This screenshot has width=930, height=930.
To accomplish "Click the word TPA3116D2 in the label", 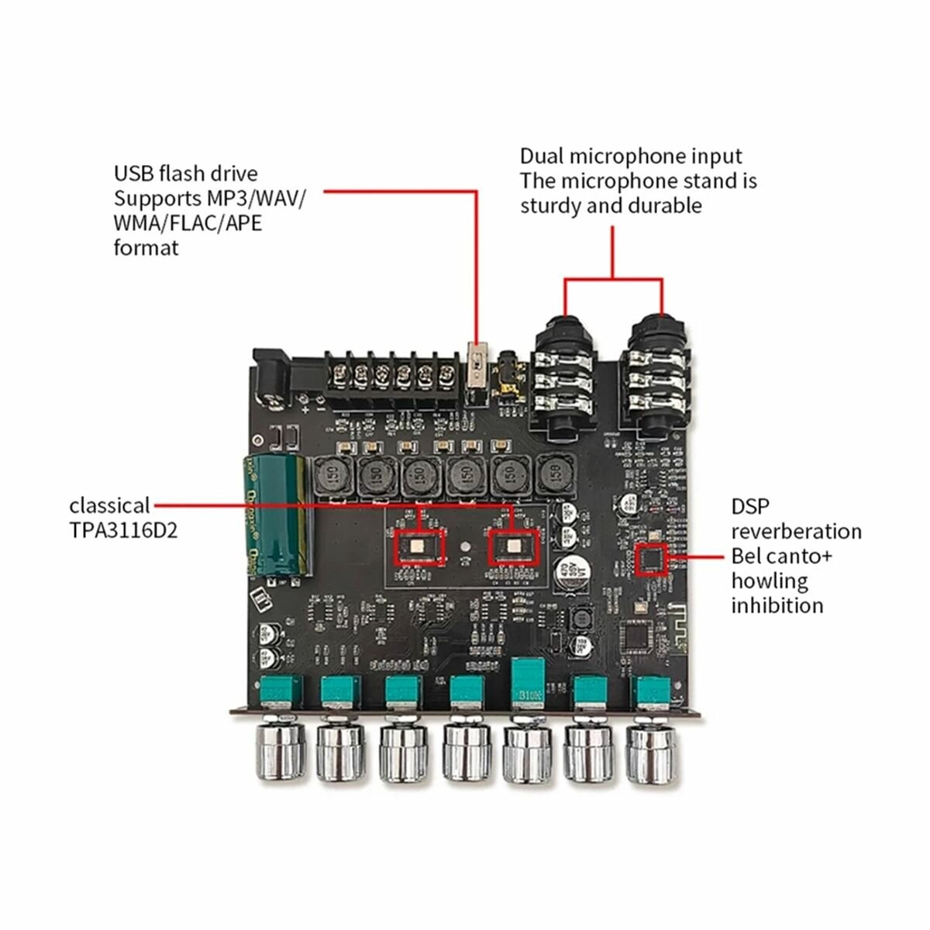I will [123, 531].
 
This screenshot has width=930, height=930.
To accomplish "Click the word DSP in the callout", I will [751, 507].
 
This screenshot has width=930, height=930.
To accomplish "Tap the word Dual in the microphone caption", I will [542, 157].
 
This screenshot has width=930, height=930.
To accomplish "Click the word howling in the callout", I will [770, 580].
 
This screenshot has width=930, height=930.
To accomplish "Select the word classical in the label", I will [109, 506].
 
